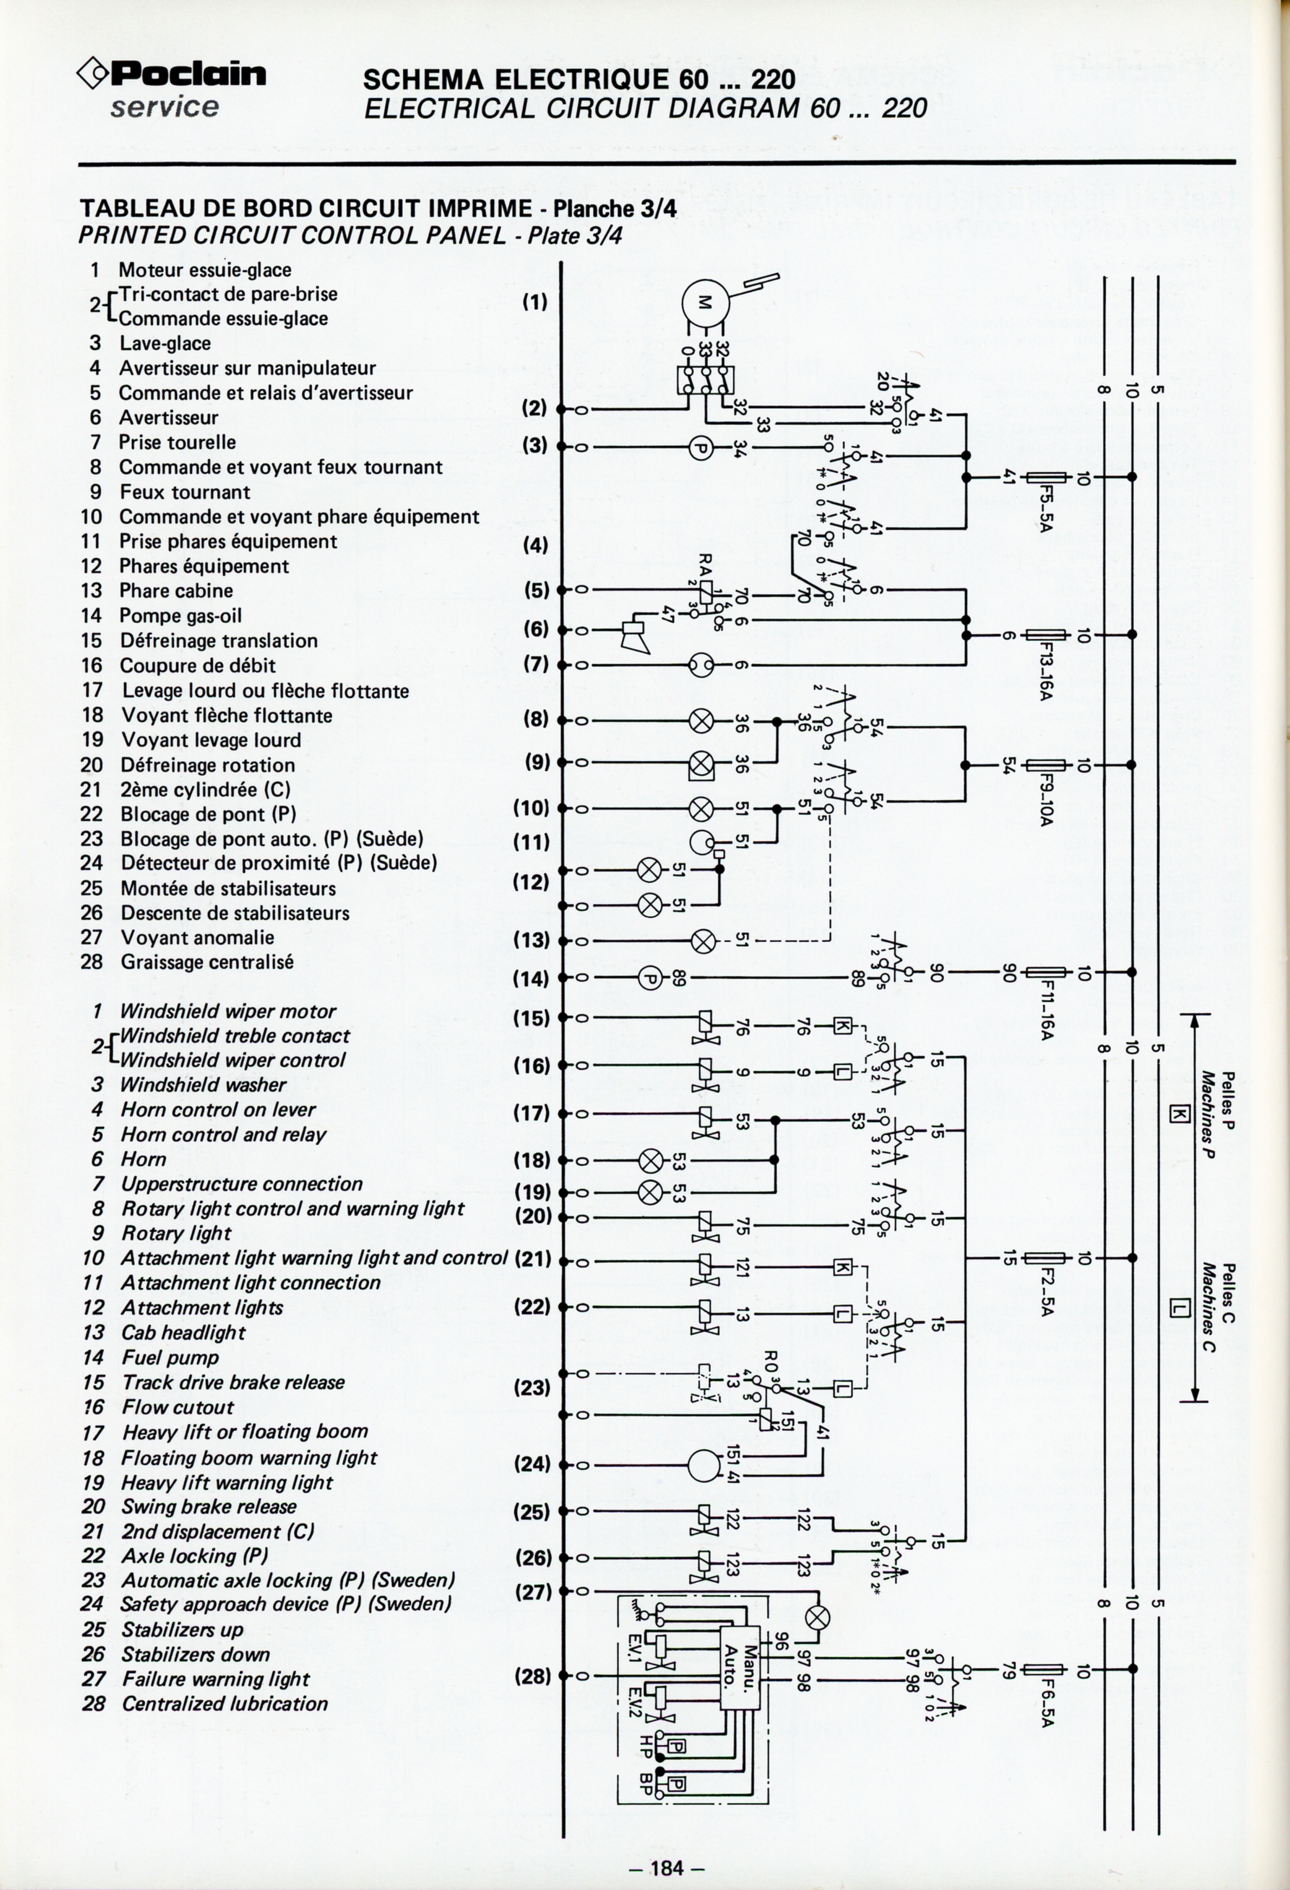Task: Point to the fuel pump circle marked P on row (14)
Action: point(650,978)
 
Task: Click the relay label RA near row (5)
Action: point(705,564)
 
